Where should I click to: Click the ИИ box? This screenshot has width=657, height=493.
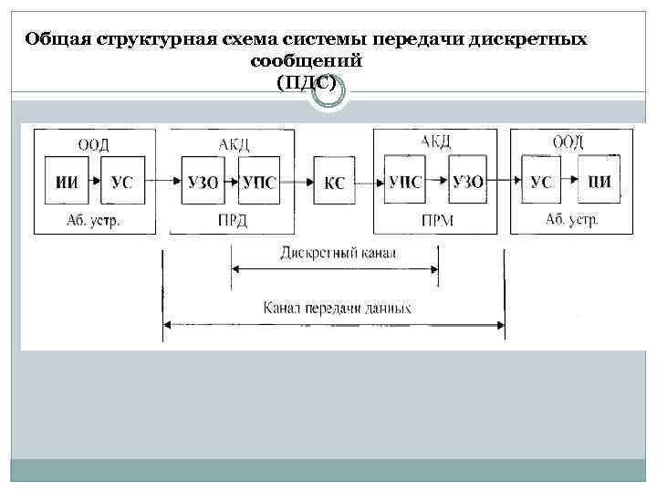(x=67, y=183)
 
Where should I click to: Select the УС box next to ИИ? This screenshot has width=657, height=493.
(x=122, y=183)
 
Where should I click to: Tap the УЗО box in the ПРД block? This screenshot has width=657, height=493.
(x=202, y=183)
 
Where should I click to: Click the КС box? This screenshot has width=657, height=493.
(x=334, y=183)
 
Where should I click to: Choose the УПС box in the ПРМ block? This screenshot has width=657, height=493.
(x=405, y=183)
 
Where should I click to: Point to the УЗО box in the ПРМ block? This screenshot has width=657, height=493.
(x=468, y=183)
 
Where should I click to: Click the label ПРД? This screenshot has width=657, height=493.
(x=233, y=220)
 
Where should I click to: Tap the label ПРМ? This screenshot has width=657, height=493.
(x=434, y=220)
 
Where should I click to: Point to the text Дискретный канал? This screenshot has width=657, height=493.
(x=334, y=253)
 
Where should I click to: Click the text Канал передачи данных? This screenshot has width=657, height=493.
(x=337, y=308)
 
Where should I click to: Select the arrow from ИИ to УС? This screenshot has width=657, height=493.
(x=95, y=183)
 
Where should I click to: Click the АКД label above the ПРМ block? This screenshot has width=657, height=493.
(x=435, y=142)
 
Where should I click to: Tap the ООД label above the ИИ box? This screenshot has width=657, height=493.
(x=93, y=143)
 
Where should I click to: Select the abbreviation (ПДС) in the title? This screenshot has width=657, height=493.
(x=306, y=83)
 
